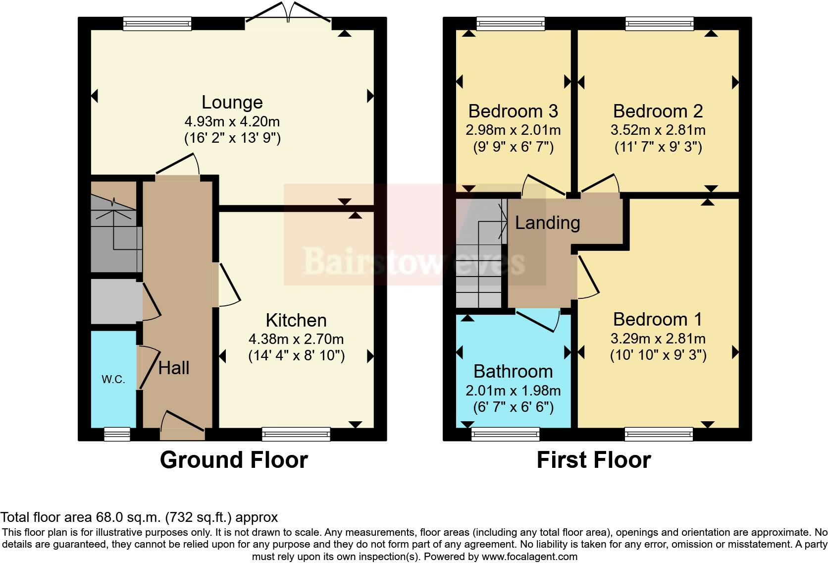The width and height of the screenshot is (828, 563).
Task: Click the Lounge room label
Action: pyautogui.click(x=232, y=102)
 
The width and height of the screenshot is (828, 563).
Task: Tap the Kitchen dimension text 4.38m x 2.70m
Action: pyautogui.click(x=296, y=339)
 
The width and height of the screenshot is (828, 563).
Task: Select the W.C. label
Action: pyautogui.click(x=113, y=380)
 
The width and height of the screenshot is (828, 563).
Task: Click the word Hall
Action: pyautogui.click(x=174, y=368)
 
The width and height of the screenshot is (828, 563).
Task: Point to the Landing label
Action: pyautogui.click(x=547, y=223)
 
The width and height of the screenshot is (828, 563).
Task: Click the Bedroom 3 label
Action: pyautogui.click(x=513, y=111)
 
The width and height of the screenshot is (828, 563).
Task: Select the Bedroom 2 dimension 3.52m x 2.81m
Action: pyautogui.click(x=658, y=130)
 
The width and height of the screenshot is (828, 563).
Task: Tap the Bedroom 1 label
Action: pyautogui.click(x=658, y=319)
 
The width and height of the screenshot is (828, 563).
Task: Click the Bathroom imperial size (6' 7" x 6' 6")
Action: pyautogui.click(x=513, y=407)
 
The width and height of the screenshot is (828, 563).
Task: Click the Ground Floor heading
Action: pyautogui.click(x=234, y=459)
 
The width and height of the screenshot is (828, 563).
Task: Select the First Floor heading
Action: pyautogui.click(x=593, y=459)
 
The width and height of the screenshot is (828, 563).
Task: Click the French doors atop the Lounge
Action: pyautogui.click(x=288, y=12)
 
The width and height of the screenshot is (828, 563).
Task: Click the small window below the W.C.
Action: pyautogui.click(x=117, y=435)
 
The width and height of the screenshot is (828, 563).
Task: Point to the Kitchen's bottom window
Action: pyautogui.click(x=296, y=435)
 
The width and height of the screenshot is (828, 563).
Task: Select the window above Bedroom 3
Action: pyautogui.click(x=511, y=23)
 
